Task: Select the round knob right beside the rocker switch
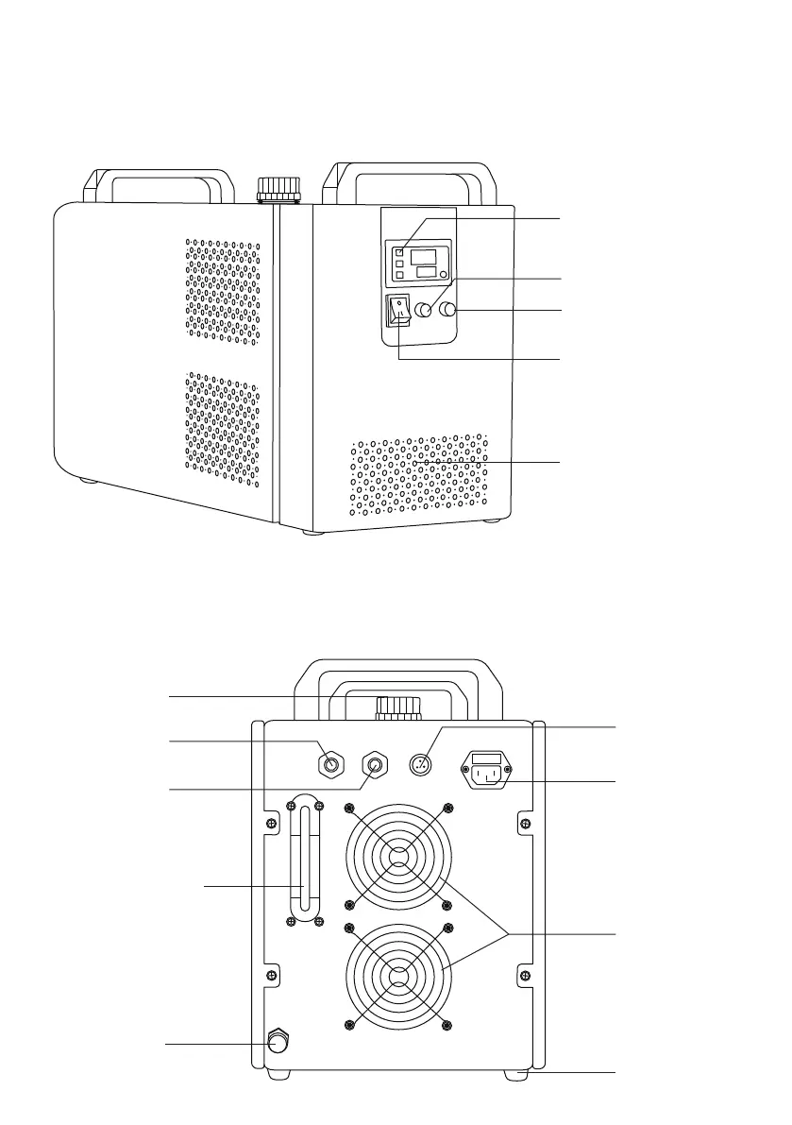point(425,309)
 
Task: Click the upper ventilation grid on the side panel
point(223,287)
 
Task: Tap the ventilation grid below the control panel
point(419,476)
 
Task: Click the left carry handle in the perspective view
point(157,183)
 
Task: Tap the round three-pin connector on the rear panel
point(422,764)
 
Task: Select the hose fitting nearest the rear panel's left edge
point(329,761)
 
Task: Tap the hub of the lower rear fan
point(398,977)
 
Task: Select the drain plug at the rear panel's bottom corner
point(279,1042)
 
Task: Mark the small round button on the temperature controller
point(443,273)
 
